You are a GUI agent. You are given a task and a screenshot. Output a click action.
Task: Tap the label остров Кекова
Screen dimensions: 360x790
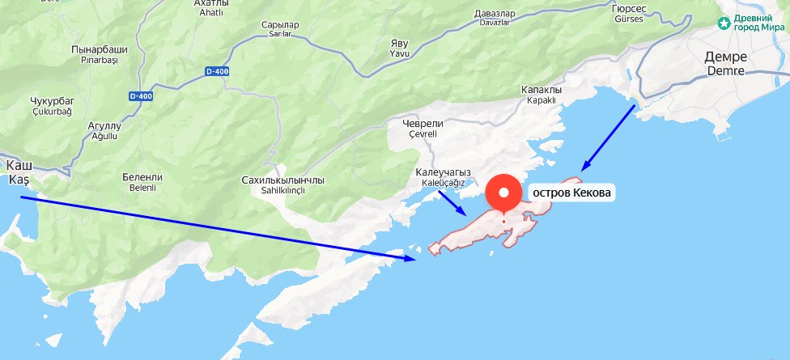[x=571, y=193]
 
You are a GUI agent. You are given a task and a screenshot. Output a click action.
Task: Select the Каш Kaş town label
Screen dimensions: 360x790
[x=18, y=172]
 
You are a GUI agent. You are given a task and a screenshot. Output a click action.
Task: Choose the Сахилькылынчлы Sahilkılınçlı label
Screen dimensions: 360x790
[x=283, y=184]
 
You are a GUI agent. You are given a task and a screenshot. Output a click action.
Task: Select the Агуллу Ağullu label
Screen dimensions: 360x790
[x=104, y=131]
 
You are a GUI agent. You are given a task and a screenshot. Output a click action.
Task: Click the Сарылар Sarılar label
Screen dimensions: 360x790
[x=281, y=30]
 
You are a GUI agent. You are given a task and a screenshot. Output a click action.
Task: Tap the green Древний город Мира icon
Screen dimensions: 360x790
[x=724, y=23]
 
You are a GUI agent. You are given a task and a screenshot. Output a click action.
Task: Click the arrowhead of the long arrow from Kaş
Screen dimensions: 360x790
[x=413, y=259]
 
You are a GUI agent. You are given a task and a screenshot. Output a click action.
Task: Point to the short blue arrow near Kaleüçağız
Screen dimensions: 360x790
[x=452, y=203]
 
